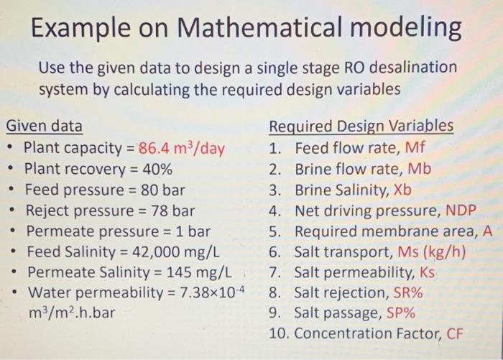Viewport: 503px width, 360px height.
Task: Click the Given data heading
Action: tap(44, 127)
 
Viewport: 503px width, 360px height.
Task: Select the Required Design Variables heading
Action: tap(361, 127)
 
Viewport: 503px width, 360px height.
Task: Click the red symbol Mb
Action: tap(420, 170)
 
